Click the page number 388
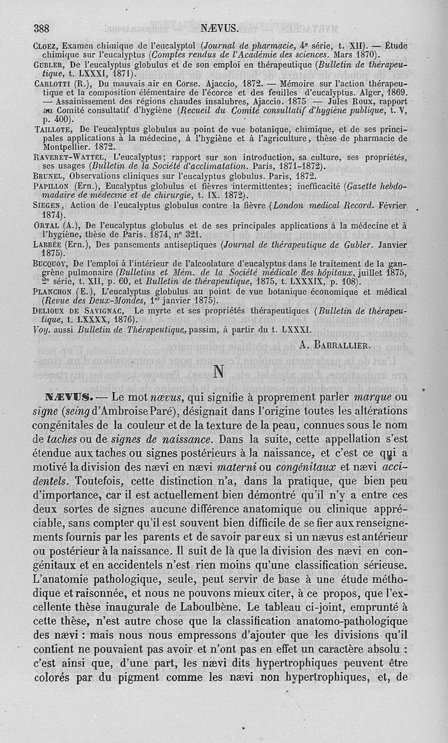(43, 29)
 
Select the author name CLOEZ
(46, 46)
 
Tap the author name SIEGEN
(47, 205)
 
